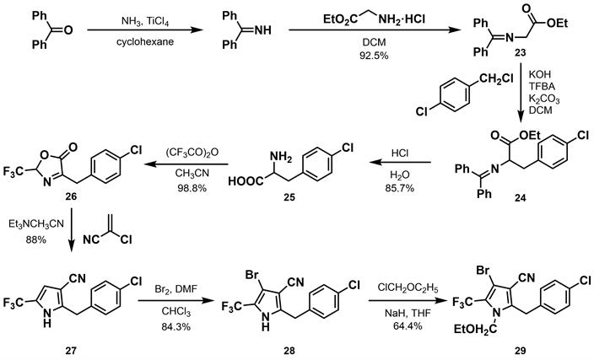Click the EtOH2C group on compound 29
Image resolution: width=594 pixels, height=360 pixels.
pos(478,330)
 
